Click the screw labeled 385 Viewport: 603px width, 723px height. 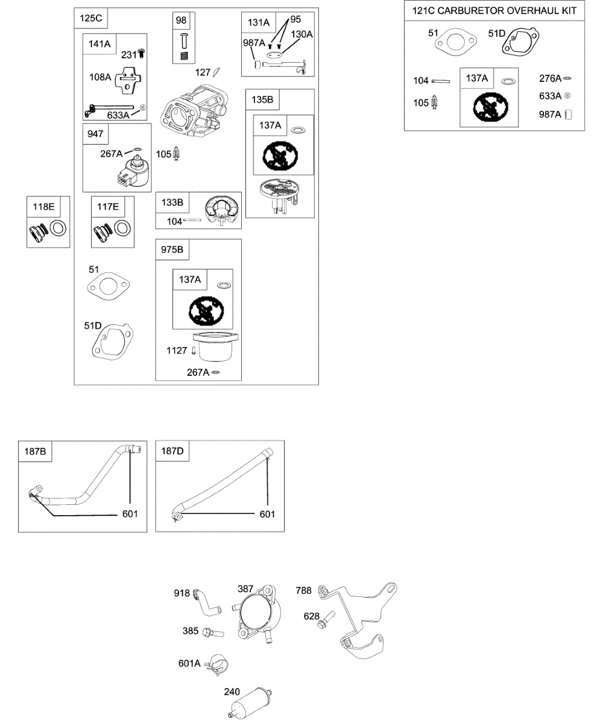212,633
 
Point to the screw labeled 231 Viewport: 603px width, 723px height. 142,54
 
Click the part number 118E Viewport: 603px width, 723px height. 43,207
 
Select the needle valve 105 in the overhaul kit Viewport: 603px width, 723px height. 434,104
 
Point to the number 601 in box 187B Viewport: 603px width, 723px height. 130,514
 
